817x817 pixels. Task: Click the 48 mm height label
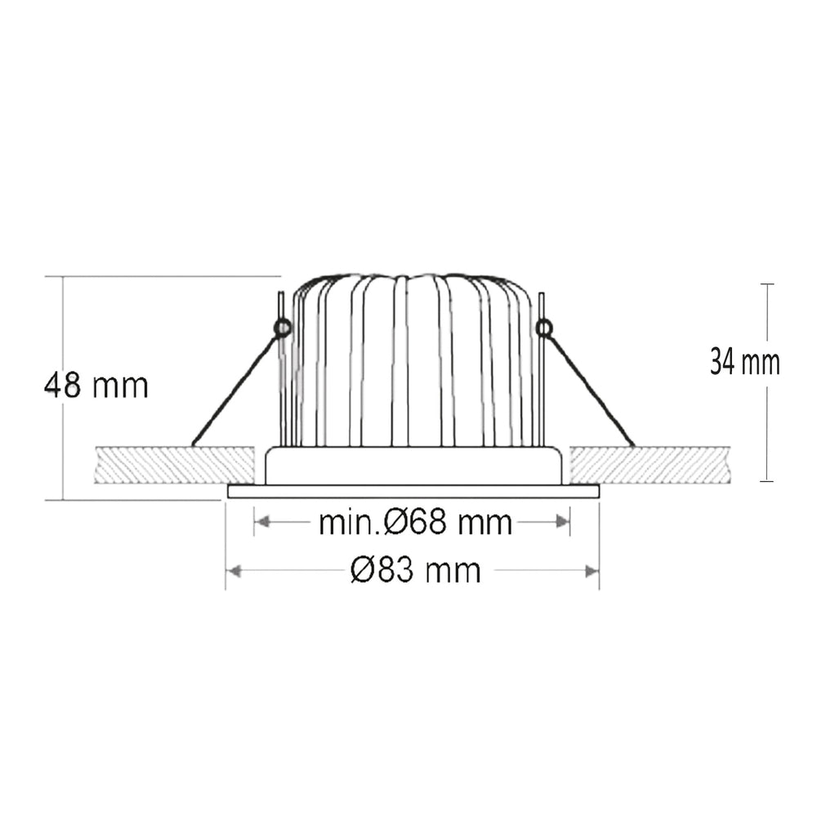tap(96, 386)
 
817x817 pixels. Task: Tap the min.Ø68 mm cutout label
tap(415, 522)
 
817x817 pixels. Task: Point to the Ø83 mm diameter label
tap(416, 570)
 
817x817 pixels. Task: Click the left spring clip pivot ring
tap(282, 328)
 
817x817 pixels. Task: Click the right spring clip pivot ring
tap(544, 328)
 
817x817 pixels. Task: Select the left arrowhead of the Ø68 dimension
tap(263, 521)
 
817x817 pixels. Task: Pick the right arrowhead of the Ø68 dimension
tap(562, 521)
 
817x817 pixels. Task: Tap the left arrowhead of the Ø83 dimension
tap(234, 571)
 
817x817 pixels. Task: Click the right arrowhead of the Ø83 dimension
tap(592, 571)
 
